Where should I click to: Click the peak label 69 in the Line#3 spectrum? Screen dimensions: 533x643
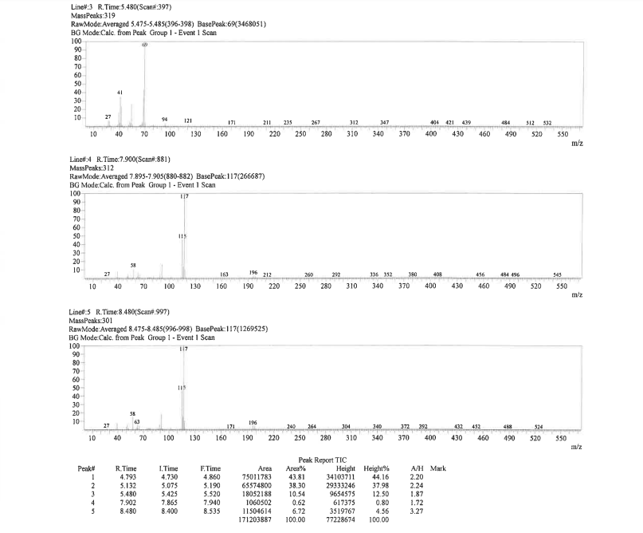pyautogui.click(x=145, y=45)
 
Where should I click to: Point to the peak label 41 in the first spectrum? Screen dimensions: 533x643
pyautogui.click(x=120, y=93)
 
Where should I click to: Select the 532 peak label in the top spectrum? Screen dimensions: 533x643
pyautogui.click(x=547, y=122)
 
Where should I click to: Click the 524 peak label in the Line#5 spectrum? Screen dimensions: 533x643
pyautogui.click(x=539, y=427)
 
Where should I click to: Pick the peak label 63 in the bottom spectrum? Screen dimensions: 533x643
pyautogui.click(x=137, y=421)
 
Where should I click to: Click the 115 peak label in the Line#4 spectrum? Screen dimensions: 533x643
pyautogui.click(x=182, y=236)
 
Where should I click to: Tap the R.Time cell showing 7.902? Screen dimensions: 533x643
pyautogui.click(x=127, y=503)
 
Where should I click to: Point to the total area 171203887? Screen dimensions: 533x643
pyautogui.click(x=269, y=520)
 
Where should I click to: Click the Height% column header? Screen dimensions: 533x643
pyautogui.click(x=375, y=468)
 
